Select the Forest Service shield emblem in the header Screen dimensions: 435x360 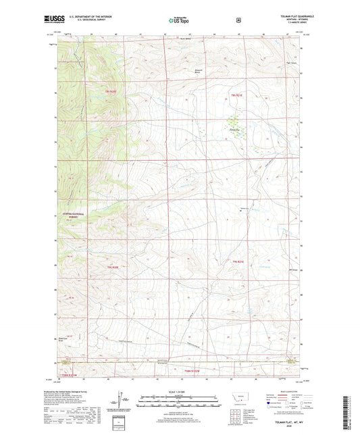(238, 20)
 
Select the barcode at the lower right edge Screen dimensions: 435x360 (354, 409)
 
